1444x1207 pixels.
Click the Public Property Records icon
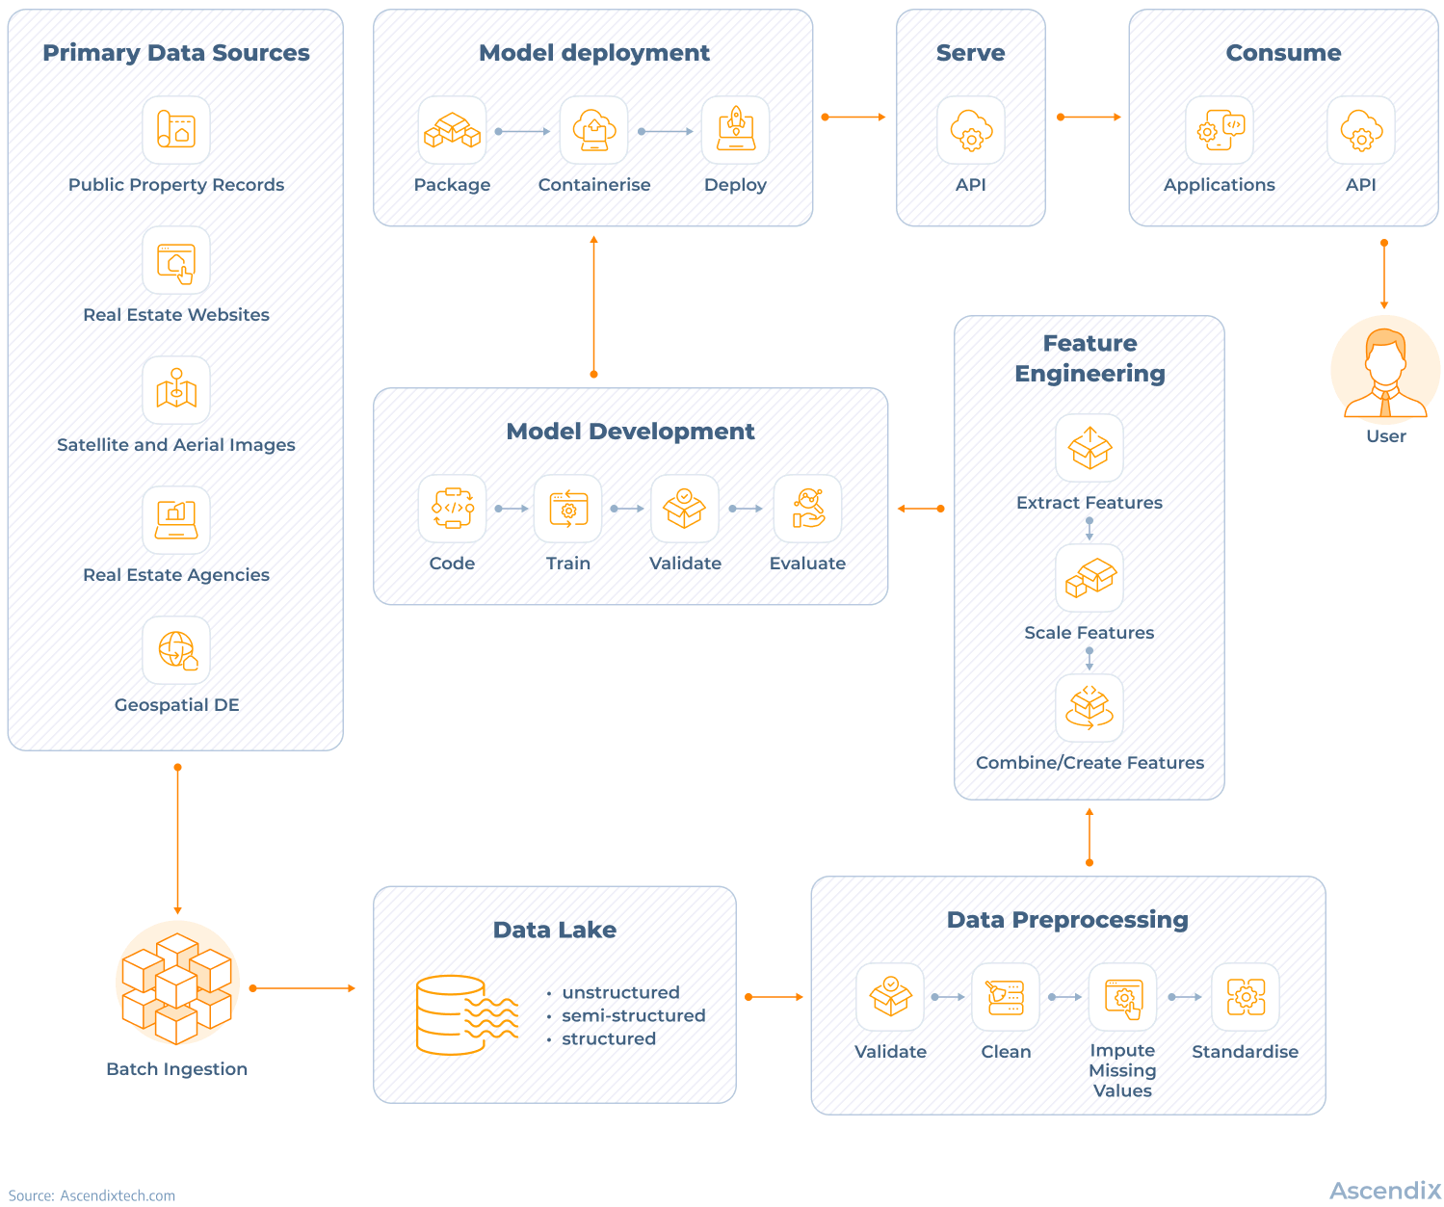point(176,130)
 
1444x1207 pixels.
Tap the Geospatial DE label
point(176,705)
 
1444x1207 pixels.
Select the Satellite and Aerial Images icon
point(176,390)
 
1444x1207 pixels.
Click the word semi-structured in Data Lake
point(633,1015)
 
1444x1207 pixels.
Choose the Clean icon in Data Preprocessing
point(1006,997)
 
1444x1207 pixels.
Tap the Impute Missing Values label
point(1122,1070)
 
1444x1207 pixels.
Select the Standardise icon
point(1246,997)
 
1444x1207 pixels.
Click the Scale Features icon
point(1090,578)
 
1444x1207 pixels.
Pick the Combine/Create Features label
point(1090,763)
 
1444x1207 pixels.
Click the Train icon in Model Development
point(568,509)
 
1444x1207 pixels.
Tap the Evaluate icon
point(807,509)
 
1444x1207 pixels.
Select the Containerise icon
point(594,130)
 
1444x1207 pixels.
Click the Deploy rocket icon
point(736,130)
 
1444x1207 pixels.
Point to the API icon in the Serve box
point(971,130)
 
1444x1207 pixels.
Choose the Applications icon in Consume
point(1220,130)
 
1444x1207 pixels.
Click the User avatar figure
point(1385,372)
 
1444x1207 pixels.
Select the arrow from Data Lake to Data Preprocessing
point(774,997)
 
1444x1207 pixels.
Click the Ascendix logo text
point(1385,1191)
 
